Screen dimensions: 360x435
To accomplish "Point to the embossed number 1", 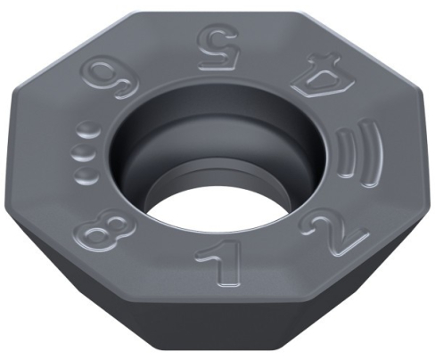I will pos(210,267).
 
